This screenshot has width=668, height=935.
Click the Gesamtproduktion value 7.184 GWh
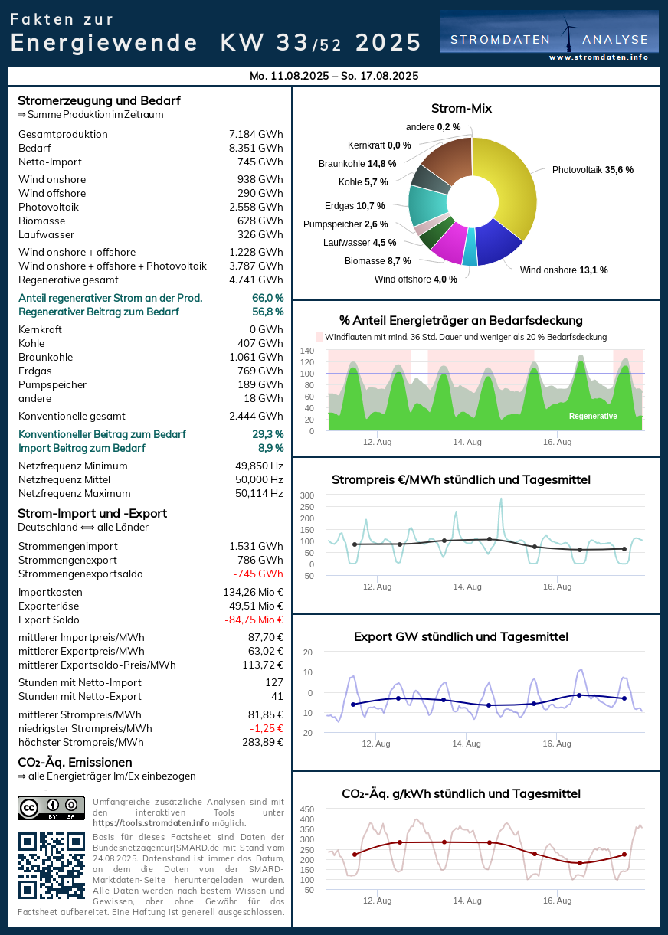click(x=256, y=135)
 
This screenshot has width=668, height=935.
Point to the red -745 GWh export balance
click(x=258, y=574)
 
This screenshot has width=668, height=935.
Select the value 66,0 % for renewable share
click(x=267, y=298)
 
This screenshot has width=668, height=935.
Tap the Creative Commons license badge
click(x=51, y=808)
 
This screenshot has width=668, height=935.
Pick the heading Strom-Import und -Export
click(x=92, y=514)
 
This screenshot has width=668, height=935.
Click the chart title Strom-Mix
click(x=461, y=109)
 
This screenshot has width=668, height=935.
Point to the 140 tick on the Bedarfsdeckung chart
click(x=307, y=351)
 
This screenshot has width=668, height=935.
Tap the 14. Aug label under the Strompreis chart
click(x=467, y=587)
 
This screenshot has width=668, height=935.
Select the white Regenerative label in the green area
click(x=593, y=417)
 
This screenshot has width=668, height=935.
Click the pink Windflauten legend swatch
click(x=319, y=337)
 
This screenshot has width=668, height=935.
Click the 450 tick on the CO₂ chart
click(x=306, y=809)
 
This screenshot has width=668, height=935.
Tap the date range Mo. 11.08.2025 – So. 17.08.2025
click(x=334, y=77)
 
